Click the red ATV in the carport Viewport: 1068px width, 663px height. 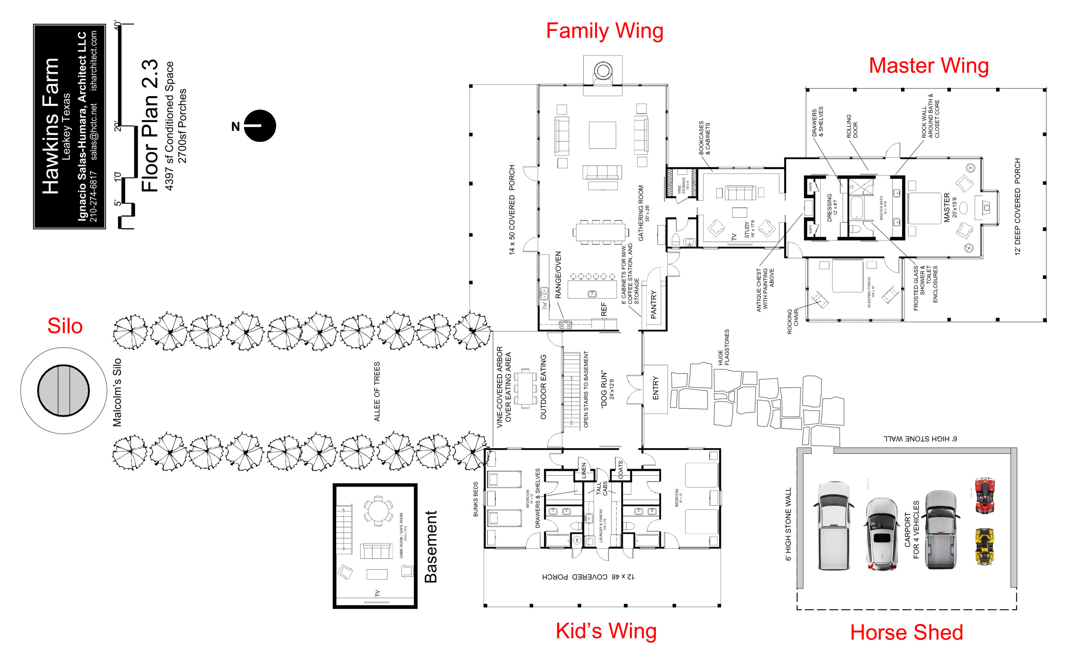click(x=985, y=495)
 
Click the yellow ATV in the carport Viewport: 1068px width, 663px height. click(x=984, y=546)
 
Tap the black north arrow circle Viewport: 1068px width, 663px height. click(x=259, y=126)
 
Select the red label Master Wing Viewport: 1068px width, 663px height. click(x=928, y=66)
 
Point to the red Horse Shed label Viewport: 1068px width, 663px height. click(x=906, y=632)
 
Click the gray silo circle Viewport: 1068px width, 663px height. click(x=63, y=390)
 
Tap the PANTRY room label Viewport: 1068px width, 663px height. click(x=653, y=304)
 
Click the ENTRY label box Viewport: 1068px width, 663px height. click(x=655, y=389)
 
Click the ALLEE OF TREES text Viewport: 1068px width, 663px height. click(x=377, y=391)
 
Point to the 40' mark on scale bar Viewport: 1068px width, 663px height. click(x=118, y=25)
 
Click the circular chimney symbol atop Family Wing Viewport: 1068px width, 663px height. click(x=603, y=70)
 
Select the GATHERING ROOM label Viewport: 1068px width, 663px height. click(x=641, y=213)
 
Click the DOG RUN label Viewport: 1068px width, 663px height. click(x=604, y=389)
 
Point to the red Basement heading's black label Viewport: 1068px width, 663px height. click(x=431, y=546)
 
